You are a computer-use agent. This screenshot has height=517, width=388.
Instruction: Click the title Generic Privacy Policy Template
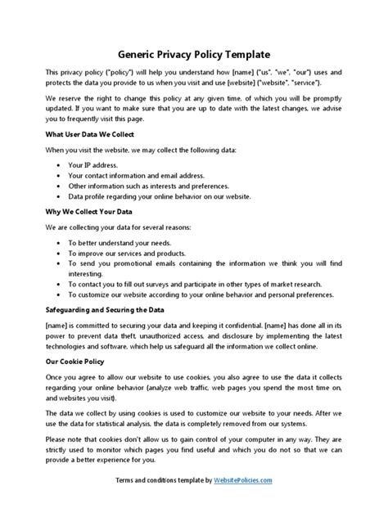193,55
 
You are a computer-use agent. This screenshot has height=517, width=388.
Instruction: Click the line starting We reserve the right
193,97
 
